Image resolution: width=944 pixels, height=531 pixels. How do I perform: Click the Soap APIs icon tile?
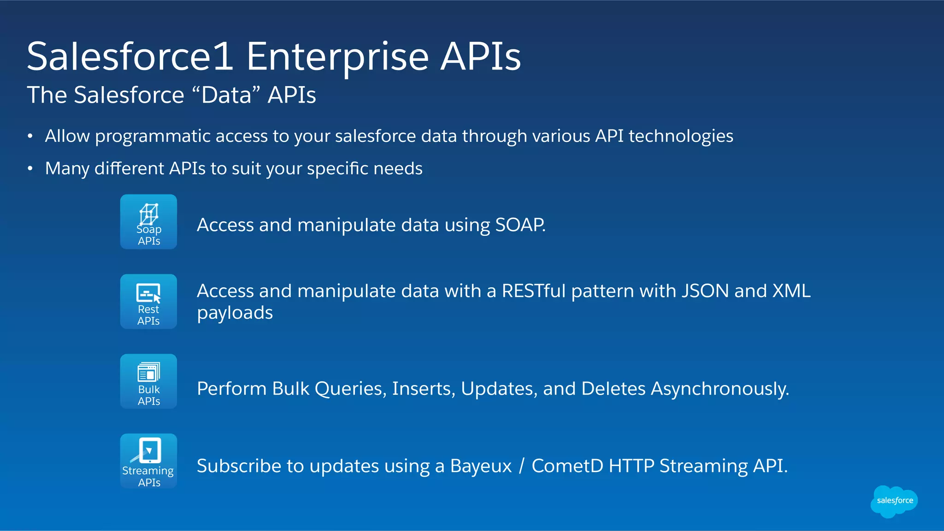148,222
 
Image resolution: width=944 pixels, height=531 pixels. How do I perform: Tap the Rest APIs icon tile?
148,302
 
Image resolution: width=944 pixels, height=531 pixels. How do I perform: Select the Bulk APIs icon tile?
148,381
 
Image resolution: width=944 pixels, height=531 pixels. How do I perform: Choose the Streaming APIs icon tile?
148,461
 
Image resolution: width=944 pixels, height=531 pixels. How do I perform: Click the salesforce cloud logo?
894,501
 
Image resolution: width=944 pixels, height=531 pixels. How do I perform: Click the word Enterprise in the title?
337,57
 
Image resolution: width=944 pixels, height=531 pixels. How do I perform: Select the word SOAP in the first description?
519,225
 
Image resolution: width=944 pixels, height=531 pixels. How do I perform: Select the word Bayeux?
481,467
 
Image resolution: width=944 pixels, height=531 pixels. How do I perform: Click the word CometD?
567,466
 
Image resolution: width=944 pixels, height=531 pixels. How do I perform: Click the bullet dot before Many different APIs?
30,169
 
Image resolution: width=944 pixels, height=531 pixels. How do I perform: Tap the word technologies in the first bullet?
681,136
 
